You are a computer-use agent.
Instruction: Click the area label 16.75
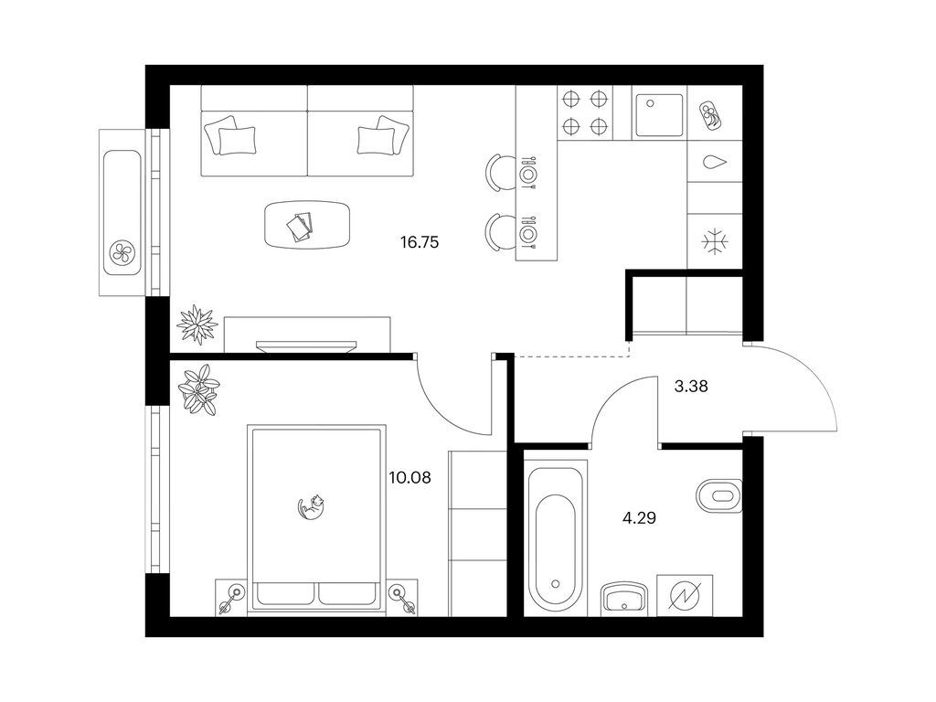pyautogui.click(x=419, y=242)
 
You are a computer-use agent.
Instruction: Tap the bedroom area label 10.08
pyautogui.click(x=409, y=477)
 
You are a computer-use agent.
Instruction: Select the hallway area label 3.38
pyautogui.click(x=691, y=387)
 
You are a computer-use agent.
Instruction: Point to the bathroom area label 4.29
pyautogui.click(x=639, y=517)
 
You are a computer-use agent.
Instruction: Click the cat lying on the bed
pyautogui.click(x=311, y=506)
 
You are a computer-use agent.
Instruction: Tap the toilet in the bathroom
pyautogui.click(x=719, y=495)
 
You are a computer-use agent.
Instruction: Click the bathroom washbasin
pyautogui.click(x=623, y=598)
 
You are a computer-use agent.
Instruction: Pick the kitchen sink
pyautogui.click(x=659, y=115)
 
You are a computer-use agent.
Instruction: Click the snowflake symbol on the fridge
pyautogui.click(x=715, y=241)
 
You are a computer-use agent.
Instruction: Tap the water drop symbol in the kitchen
pyautogui.click(x=715, y=162)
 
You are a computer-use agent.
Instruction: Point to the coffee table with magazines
pyautogui.click(x=307, y=225)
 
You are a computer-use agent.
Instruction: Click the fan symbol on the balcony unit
pyautogui.click(x=122, y=254)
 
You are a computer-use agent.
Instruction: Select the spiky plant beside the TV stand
pyautogui.click(x=197, y=324)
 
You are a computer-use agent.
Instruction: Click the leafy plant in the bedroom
pyautogui.click(x=199, y=389)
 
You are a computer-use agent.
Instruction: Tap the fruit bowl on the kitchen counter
pyautogui.click(x=714, y=114)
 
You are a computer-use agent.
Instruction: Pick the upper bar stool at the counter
pyautogui.click(x=499, y=173)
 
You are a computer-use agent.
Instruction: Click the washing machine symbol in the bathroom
pyautogui.click(x=684, y=595)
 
